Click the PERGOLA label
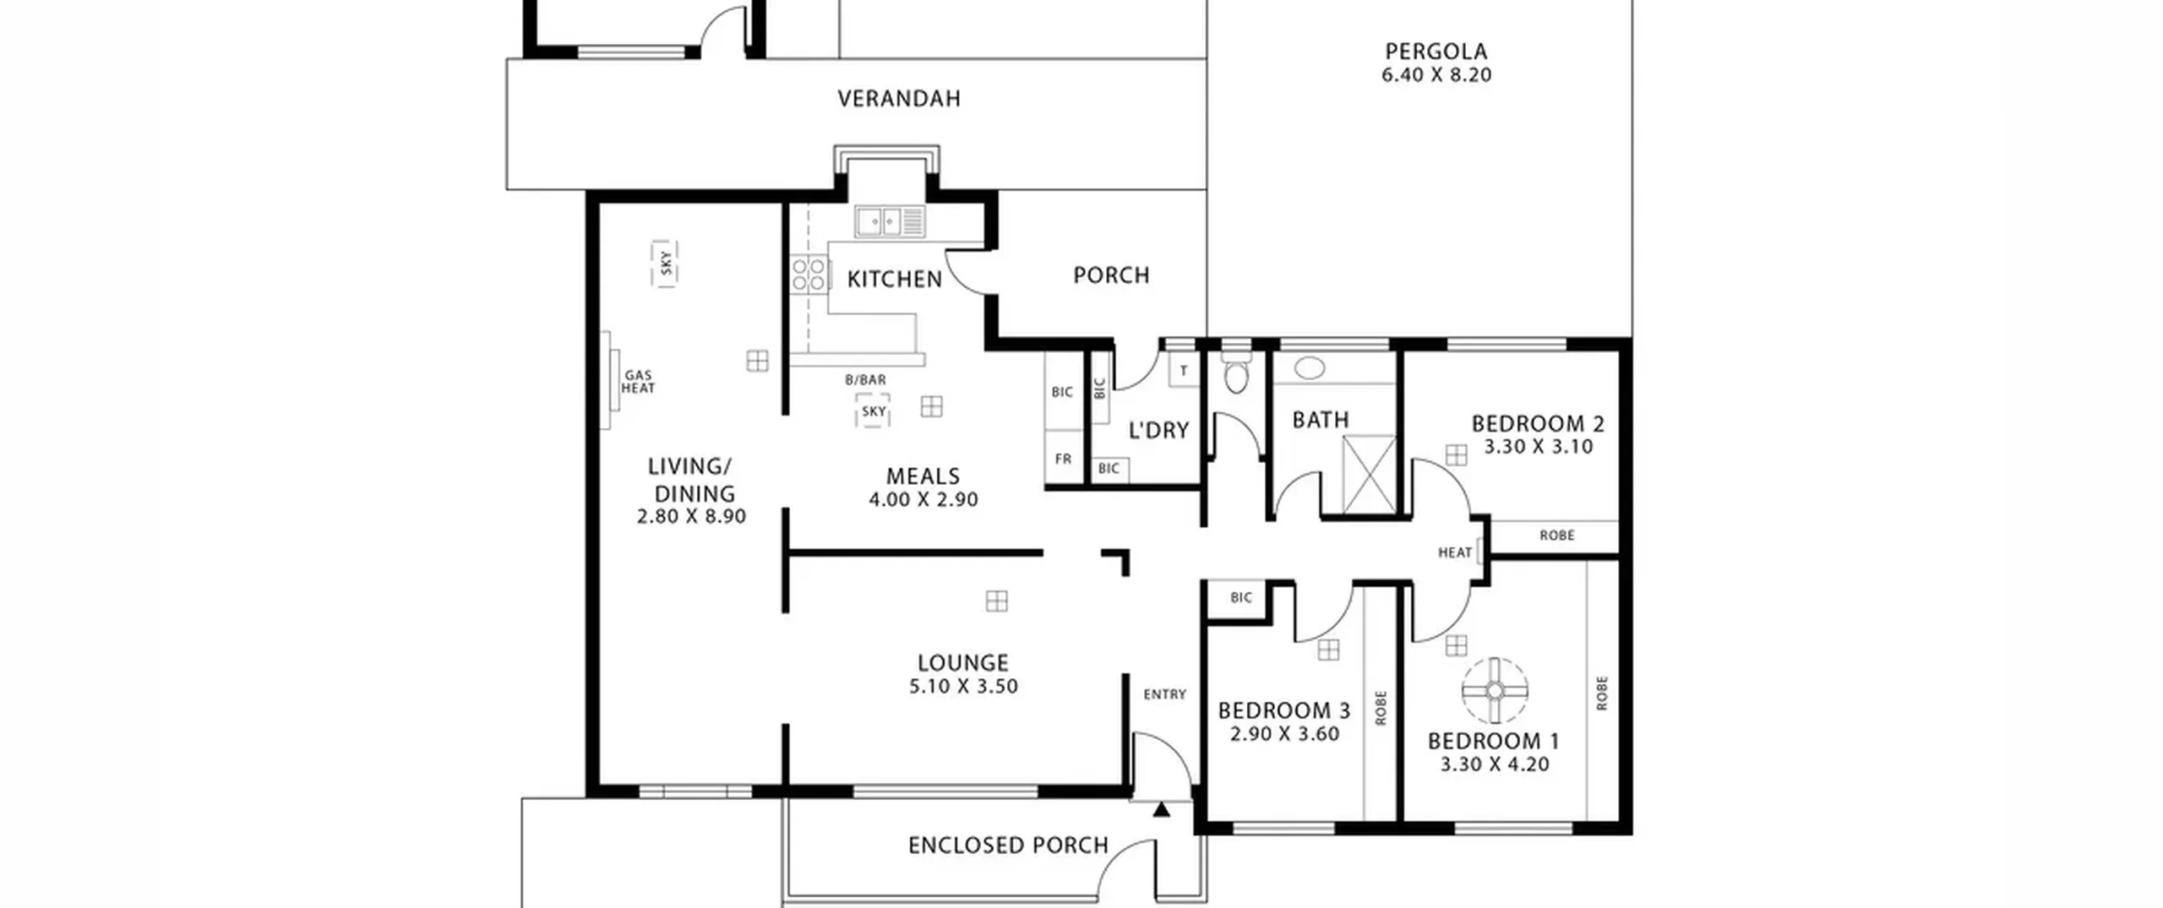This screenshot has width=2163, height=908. click(1436, 52)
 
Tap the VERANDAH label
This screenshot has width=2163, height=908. click(899, 99)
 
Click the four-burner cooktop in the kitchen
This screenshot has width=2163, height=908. click(809, 275)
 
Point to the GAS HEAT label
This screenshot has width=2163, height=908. click(638, 382)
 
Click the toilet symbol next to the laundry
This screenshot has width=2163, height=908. click(1235, 372)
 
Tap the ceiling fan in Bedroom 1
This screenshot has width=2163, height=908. click(1495, 691)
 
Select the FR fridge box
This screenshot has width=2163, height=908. click(1064, 458)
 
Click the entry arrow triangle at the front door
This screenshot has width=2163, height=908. click(1162, 810)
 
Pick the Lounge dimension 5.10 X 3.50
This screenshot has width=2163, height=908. click(963, 686)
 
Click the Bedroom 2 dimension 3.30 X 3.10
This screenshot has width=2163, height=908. click(1539, 447)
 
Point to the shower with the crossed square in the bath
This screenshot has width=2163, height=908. click(1369, 474)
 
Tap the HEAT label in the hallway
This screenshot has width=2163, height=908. click(1455, 552)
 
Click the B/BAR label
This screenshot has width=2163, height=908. click(866, 380)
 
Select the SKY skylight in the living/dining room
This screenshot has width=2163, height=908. click(665, 264)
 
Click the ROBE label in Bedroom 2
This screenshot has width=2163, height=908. click(1556, 536)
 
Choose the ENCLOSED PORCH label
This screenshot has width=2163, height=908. click(1008, 845)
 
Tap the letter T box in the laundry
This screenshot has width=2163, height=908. click(1184, 370)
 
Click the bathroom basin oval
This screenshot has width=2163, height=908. click(1310, 367)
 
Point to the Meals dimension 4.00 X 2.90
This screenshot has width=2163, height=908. click(923, 499)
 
